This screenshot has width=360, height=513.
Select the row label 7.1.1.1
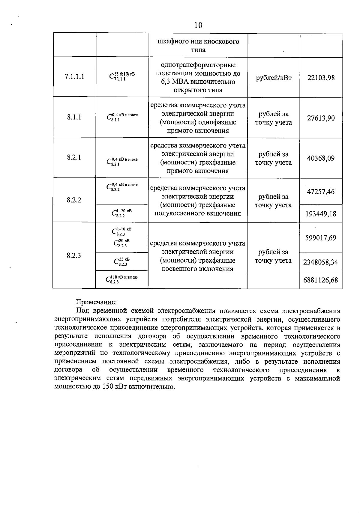click(74, 77)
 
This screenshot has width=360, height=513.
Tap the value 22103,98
click(321, 78)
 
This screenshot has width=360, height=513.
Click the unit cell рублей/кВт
click(274, 78)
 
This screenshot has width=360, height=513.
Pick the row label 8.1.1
click(74, 117)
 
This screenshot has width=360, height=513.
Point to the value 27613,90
click(321, 118)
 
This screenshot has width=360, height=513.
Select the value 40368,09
click(321, 158)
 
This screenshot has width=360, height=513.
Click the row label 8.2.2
click(74, 200)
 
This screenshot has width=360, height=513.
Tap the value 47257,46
click(321, 192)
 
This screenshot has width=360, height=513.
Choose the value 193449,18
click(321, 214)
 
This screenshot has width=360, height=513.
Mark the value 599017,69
click(321, 238)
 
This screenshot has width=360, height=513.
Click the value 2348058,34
click(321, 262)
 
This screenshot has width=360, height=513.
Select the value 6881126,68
click(321, 280)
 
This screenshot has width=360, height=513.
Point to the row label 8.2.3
click(74, 255)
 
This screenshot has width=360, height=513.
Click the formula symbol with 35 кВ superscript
click(121, 262)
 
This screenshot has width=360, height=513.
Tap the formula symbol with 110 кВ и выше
click(121, 279)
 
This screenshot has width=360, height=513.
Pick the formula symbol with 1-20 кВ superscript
click(121, 213)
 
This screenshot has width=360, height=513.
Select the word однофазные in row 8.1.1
click(216, 122)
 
